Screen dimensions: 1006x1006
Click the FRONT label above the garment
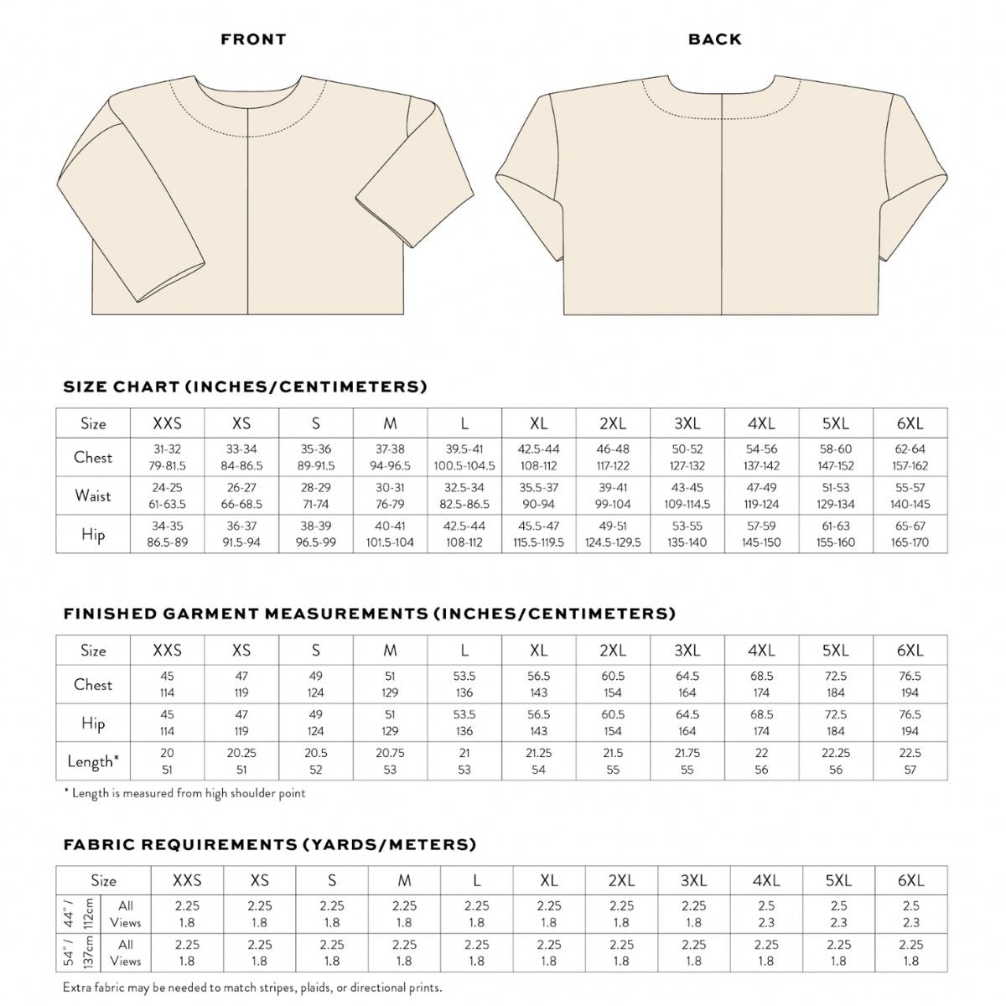coord(253,39)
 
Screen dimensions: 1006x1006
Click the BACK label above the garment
coord(714,39)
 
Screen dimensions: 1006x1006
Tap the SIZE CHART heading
coord(245,386)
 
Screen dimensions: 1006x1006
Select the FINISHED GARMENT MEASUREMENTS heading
coord(369,614)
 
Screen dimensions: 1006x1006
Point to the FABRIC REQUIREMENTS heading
coord(269,844)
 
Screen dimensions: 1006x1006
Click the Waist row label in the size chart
coord(93,495)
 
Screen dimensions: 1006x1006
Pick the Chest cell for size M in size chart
coord(390,457)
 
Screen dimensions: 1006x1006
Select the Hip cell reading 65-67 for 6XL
coord(910,534)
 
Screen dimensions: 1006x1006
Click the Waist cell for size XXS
coord(167,495)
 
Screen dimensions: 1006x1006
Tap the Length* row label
coord(93,761)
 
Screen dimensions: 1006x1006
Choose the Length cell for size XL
coord(538,761)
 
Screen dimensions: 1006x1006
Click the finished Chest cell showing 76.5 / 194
coord(910,684)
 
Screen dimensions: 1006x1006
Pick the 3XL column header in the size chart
coord(687,423)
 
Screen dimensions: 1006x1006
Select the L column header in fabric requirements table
coord(476,880)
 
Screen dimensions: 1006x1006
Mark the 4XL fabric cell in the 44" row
coord(766,914)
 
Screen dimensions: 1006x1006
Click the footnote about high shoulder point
coord(184,793)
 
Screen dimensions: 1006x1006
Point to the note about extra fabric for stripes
coord(252,988)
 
